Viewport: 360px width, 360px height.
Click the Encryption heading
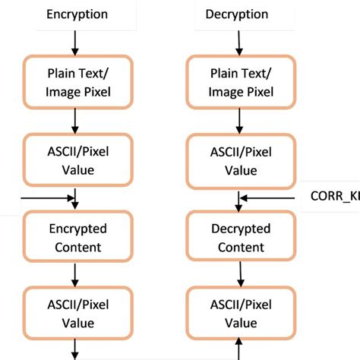77,14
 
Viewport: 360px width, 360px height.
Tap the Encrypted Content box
77,238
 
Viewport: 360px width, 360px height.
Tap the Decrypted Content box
239,238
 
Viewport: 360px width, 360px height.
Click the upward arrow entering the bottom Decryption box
239,351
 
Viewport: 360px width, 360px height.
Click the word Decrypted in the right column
239,229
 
